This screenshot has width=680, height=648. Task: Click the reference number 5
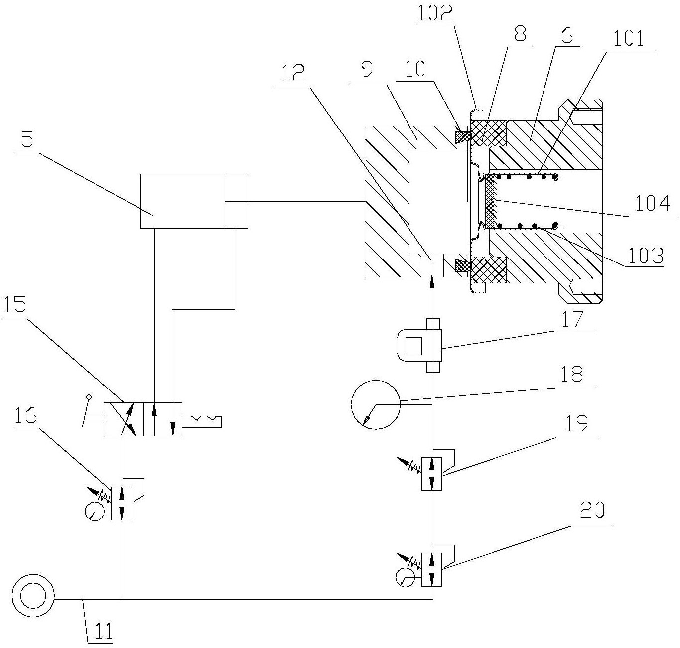[x=27, y=139]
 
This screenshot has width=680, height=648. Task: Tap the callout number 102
[x=435, y=13]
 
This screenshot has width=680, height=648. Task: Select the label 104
[x=652, y=203]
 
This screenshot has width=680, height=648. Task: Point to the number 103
[x=646, y=256]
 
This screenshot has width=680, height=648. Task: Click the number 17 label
[x=572, y=318]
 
